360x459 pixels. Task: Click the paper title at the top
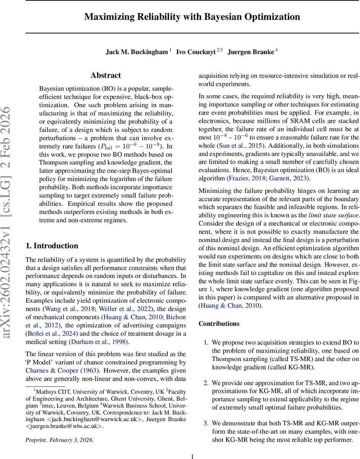[x=192, y=17]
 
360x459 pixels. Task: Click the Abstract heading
[x=106, y=75]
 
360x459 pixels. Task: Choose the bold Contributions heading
[x=219, y=324]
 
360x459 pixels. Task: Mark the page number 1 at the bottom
[x=192, y=456]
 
